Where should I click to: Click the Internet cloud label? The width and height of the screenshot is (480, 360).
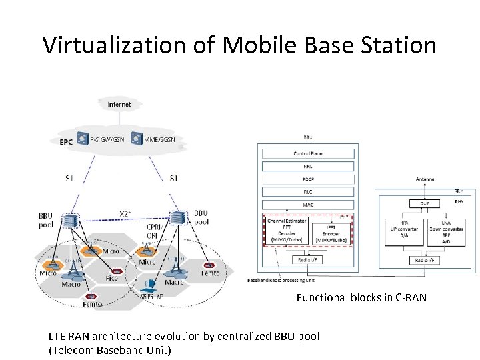tap(119, 104)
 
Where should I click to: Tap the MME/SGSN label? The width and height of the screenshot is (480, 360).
tap(159, 139)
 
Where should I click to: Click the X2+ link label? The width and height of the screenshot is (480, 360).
tap(125, 213)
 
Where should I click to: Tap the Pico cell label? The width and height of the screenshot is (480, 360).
tap(111, 278)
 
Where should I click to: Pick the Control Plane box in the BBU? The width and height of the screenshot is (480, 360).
tap(307, 153)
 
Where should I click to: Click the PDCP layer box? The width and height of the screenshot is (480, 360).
tap(307, 179)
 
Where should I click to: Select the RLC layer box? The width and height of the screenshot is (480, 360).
tap(307, 191)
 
